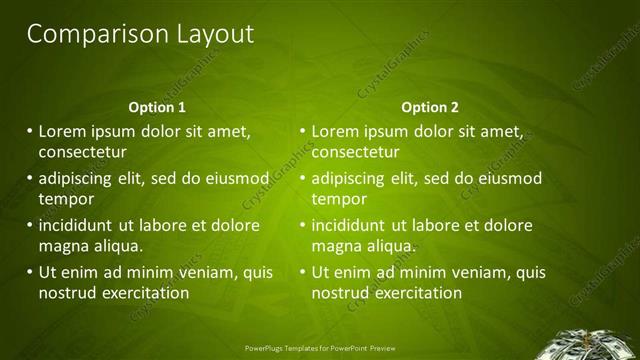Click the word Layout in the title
click(212, 34)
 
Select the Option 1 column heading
click(158, 107)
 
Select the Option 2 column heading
click(431, 107)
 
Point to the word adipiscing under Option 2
click(349, 179)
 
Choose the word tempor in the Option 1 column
click(65, 199)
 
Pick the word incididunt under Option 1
click(80, 225)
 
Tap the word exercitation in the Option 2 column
click(415, 293)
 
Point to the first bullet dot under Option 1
click(30, 131)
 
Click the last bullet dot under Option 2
click(303, 272)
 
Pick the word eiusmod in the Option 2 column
click(510, 179)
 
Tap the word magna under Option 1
click(64, 246)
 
